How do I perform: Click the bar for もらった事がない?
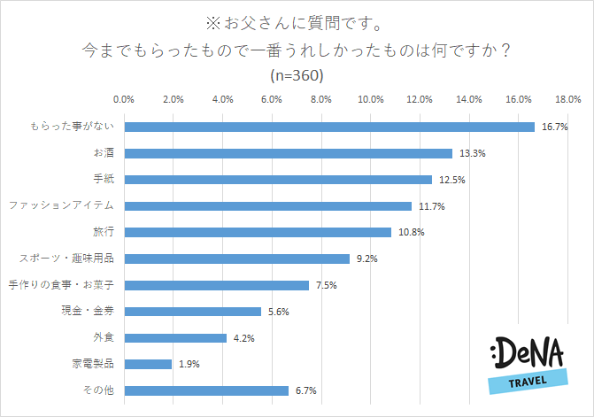pos(329,127)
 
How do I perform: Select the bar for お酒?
pos(288,153)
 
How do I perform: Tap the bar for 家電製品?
pos(148,364)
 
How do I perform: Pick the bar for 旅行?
pos(257,232)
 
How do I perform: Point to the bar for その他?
pos(206,390)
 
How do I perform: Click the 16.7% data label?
pos(554,127)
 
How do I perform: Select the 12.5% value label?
pos(451,180)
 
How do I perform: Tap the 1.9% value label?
pos(189,364)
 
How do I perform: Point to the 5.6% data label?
pos(281,312)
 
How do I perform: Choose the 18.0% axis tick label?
pos(567,98)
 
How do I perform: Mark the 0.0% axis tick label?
pos(124,98)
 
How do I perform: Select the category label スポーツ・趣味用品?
pos(68,259)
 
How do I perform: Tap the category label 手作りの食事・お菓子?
pos(63,285)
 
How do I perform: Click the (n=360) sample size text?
pos(297,75)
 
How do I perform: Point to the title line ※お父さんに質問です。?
pos(297,19)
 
